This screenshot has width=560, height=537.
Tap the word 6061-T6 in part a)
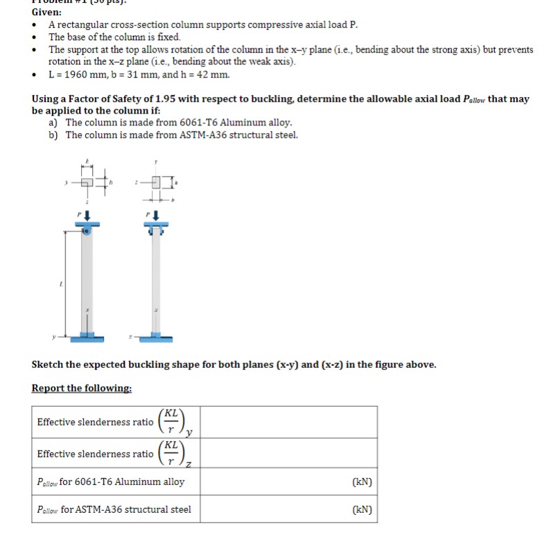coord(198,123)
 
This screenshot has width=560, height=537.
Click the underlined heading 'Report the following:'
coord(81,388)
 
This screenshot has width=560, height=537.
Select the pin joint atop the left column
coord(87,231)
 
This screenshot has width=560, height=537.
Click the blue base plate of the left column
coord(87,337)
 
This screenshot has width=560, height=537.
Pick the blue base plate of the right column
coord(156,337)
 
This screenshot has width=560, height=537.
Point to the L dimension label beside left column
coord(60,284)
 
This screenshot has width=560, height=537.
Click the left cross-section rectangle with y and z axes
coord(86,183)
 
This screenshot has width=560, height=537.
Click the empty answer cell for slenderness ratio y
coord(289,421)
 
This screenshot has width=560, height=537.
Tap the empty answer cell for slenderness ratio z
coord(289,453)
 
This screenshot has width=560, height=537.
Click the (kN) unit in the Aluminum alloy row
coord(362,482)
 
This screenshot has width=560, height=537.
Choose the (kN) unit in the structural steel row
coord(362,509)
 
